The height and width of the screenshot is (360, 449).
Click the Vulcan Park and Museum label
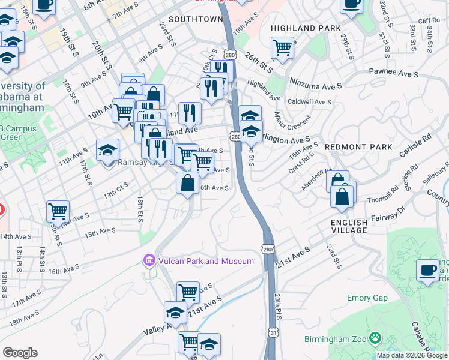click(x=205, y=261)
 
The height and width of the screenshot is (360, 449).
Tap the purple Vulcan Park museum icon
click(x=148, y=260)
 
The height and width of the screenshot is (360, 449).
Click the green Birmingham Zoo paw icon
click(x=376, y=339)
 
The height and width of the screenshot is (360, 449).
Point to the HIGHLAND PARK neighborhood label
click(x=306, y=28)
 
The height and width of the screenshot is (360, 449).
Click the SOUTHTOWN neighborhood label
click(x=196, y=19)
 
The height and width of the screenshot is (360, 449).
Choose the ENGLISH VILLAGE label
click(x=349, y=226)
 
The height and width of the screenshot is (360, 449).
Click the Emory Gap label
click(x=367, y=298)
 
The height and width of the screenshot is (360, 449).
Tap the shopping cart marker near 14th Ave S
click(x=58, y=211)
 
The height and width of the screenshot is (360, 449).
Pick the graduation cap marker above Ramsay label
click(x=108, y=149)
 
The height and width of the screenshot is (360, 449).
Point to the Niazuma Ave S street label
click(x=315, y=82)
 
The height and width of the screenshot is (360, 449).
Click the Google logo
click(x=20, y=353)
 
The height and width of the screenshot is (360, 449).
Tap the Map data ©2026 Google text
click(x=412, y=355)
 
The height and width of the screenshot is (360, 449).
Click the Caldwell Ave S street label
click(x=309, y=102)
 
